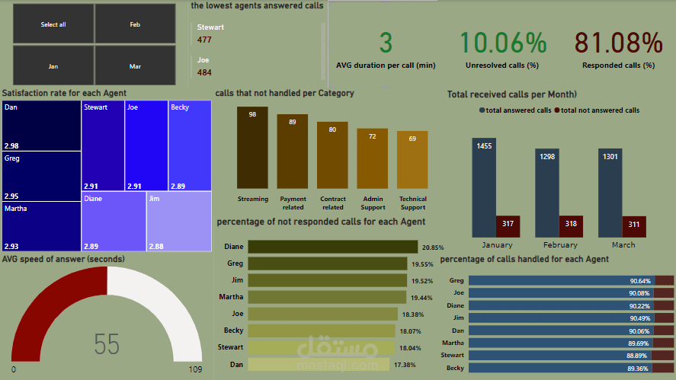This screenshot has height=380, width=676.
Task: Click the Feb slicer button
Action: (135, 24)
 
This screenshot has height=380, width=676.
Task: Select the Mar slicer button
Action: (135, 66)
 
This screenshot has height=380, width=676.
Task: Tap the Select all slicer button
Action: (53, 24)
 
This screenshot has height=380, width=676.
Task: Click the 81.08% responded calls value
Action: (618, 43)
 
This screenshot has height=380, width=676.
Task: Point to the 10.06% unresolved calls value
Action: (504, 43)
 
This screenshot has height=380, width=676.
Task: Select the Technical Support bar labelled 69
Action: (412, 161)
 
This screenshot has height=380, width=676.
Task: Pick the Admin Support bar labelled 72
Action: (373, 160)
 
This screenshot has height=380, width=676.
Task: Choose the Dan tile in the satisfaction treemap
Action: (41, 126)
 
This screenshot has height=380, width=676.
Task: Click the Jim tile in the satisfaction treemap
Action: (179, 221)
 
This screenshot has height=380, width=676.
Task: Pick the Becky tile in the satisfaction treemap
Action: (190, 145)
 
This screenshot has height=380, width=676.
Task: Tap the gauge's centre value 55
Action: (107, 344)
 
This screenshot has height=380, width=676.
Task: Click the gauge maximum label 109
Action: (196, 369)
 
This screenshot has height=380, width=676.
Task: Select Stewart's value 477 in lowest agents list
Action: (204, 40)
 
